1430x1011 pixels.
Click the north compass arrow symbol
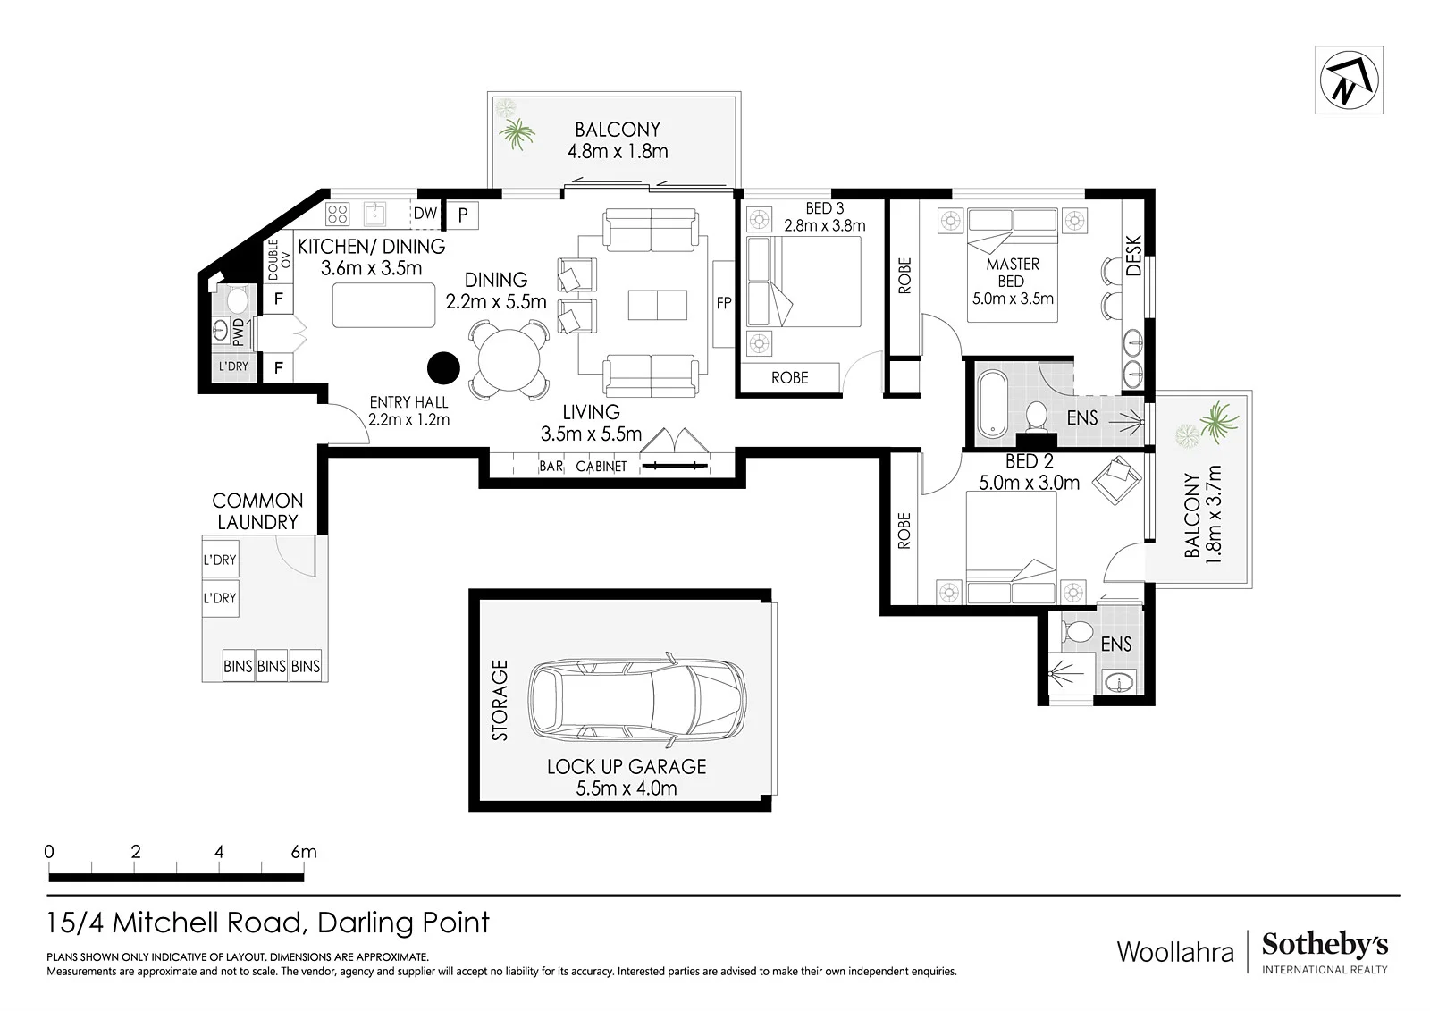click(x=1349, y=80)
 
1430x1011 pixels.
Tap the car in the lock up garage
click(x=636, y=698)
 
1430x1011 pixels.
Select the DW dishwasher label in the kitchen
click(x=425, y=214)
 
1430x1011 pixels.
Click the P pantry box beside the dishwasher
click(x=462, y=215)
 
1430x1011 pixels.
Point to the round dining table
click(x=509, y=359)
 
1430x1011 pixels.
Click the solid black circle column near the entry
click(x=443, y=368)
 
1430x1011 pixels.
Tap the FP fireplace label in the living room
click(x=723, y=303)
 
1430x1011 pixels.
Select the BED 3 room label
click(x=824, y=208)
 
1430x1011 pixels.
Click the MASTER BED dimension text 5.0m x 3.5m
click(x=1013, y=299)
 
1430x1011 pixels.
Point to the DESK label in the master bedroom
click(x=1133, y=256)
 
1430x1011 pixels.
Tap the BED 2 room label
click(x=1029, y=461)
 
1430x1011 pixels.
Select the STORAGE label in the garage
click(x=500, y=700)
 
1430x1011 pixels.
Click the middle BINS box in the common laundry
click(x=272, y=666)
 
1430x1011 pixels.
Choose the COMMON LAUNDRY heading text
click(x=258, y=511)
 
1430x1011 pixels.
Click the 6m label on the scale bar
click(x=304, y=851)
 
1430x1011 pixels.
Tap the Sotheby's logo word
click(x=1325, y=945)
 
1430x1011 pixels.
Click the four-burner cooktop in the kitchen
click(x=337, y=214)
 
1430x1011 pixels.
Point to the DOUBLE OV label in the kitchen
click(x=279, y=259)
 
